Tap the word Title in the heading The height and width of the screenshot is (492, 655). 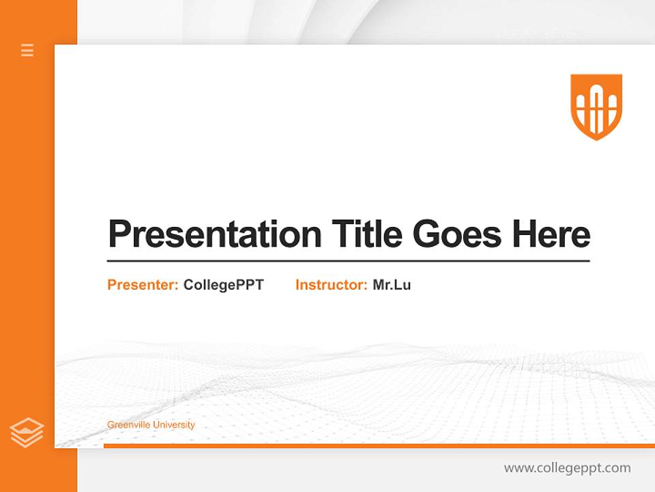pyautogui.click(x=367, y=234)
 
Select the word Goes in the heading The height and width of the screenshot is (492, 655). pyautogui.click(x=458, y=234)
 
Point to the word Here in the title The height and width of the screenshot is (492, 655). pyautogui.click(x=551, y=234)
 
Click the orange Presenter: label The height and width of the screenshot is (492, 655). pyautogui.click(x=143, y=285)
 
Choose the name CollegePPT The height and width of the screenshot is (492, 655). pyautogui.click(x=223, y=285)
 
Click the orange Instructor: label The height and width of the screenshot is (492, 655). pyautogui.click(x=331, y=285)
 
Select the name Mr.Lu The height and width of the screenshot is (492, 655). pyautogui.click(x=392, y=285)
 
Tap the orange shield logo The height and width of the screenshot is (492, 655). pyautogui.click(x=596, y=106)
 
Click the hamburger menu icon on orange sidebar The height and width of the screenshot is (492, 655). pyautogui.click(x=27, y=50)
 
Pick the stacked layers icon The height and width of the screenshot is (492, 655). pyautogui.click(x=27, y=433)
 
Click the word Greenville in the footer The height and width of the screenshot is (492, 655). pyautogui.click(x=128, y=425)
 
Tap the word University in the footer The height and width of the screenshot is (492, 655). pyautogui.click(x=173, y=425)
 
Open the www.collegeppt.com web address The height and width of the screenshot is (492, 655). pyautogui.click(x=567, y=468)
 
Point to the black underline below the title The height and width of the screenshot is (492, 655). pyautogui.click(x=348, y=260)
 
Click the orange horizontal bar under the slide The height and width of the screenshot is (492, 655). pyautogui.click(x=379, y=446)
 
